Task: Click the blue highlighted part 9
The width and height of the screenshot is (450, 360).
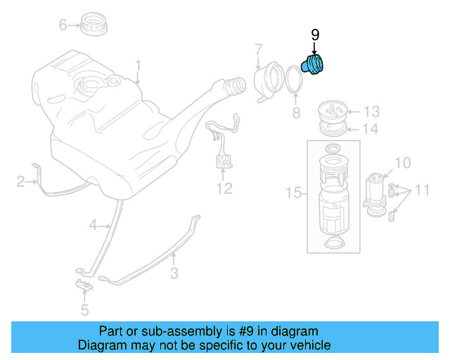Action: [x=313, y=65]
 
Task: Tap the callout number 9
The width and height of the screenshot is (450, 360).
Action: [x=315, y=35]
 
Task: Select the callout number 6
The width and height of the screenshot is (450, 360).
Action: [x=63, y=25]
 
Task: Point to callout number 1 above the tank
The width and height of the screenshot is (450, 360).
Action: [x=138, y=66]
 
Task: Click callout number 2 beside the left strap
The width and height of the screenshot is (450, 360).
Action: [x=21, y=183]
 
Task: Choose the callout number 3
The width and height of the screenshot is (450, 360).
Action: [x=174, y=272]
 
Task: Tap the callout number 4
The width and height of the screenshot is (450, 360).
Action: [x=92, y=226]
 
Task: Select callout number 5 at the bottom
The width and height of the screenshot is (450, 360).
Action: [x=84, y=309]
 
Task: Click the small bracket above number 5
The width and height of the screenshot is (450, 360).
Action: [x=84, y=285]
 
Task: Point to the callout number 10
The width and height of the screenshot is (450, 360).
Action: [x=401, y=163]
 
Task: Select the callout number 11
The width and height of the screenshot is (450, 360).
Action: [x=421, y=190]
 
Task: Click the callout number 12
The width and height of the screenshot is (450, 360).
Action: [x=224, y=188]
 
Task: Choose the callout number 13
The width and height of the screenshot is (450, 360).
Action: [x=371, y=111]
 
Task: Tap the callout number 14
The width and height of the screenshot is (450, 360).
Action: [x=371, y=129]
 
